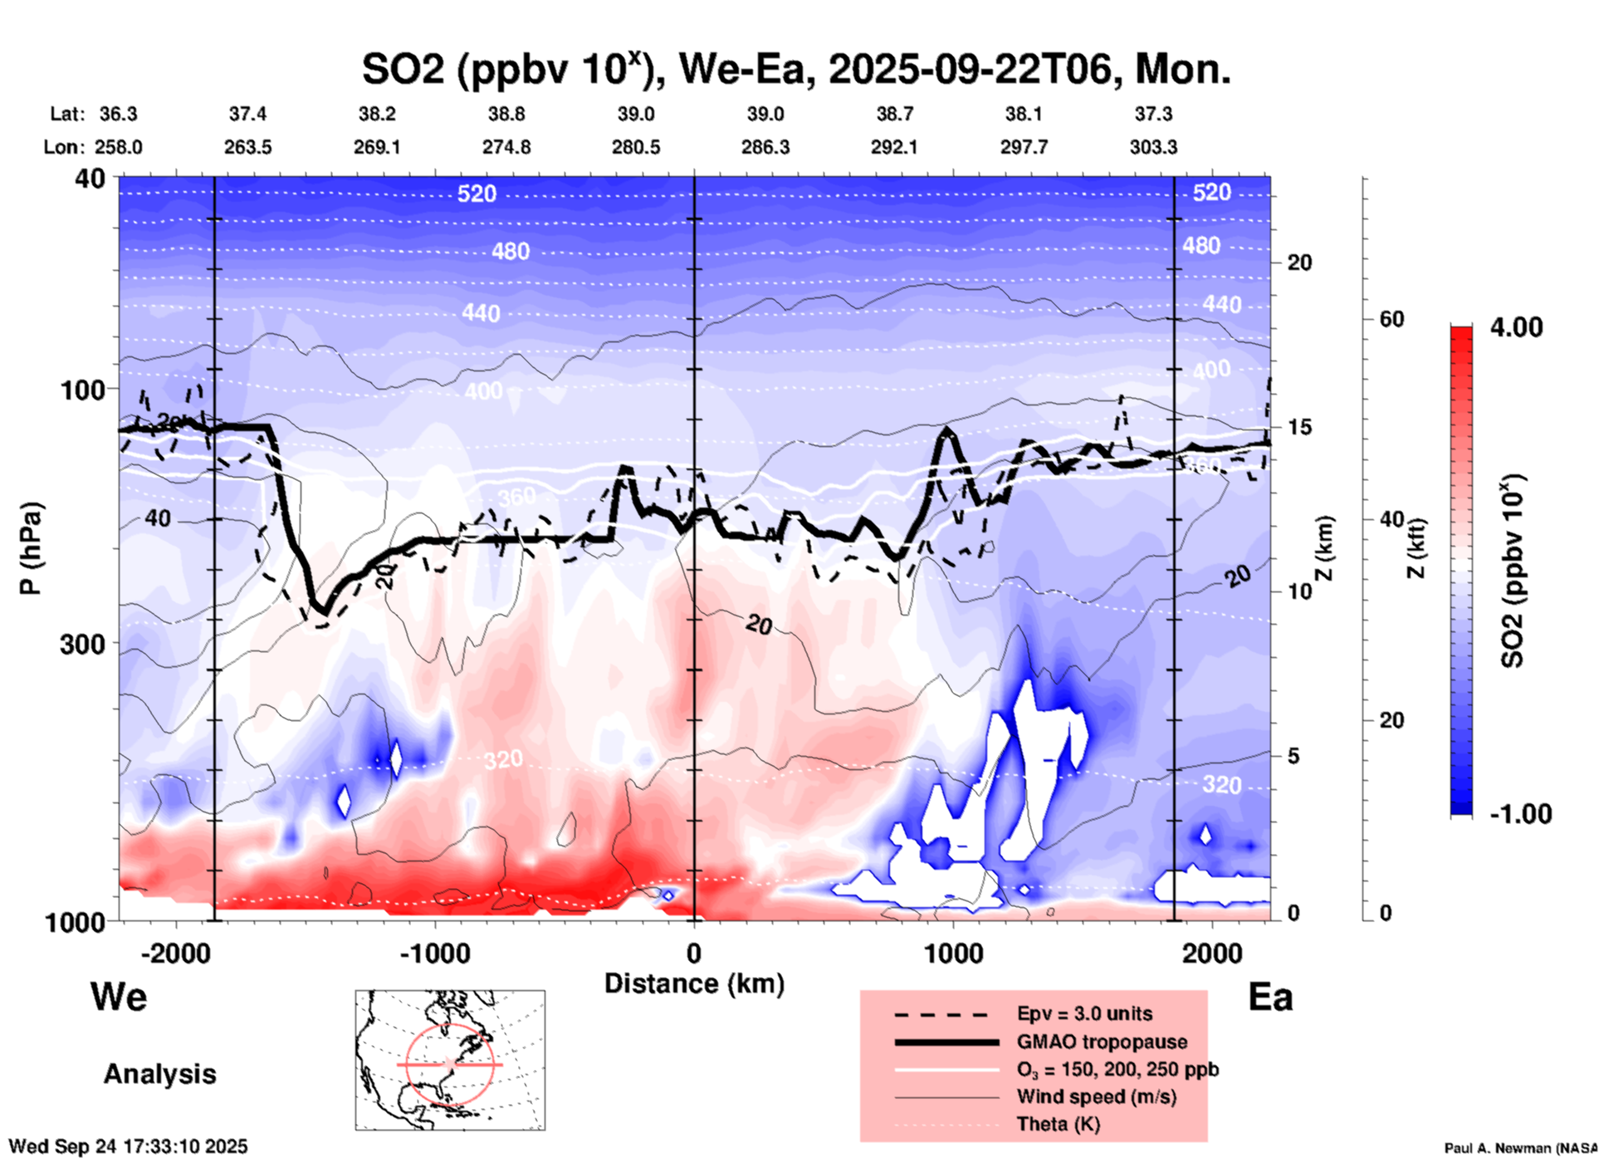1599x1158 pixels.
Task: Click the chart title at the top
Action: click(795, 70)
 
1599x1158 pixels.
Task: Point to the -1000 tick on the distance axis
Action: click(435, 953)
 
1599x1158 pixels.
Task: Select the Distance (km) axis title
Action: click(694, 984)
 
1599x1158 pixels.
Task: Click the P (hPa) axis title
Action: click(31, 548)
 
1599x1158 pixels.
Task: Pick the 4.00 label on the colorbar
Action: click(1516, 327)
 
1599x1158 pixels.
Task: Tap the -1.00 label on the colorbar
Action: click(1520, 814)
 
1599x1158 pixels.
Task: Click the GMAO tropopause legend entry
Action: click(1102, 1042)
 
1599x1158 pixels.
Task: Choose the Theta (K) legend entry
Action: click(1058, 1124)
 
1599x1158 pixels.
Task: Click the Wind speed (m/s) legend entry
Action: click(1096, 1097)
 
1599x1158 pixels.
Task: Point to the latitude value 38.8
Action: click(506, 114)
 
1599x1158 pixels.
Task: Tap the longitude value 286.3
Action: click(765, 147)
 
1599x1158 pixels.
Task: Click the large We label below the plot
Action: click(119, 997)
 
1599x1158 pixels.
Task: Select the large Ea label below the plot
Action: click(1269, 997)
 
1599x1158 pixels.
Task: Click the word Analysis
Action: click(159, 1074)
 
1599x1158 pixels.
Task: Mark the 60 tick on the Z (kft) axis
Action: click(1391, 319)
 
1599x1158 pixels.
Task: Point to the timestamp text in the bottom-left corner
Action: click(128, 1146)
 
